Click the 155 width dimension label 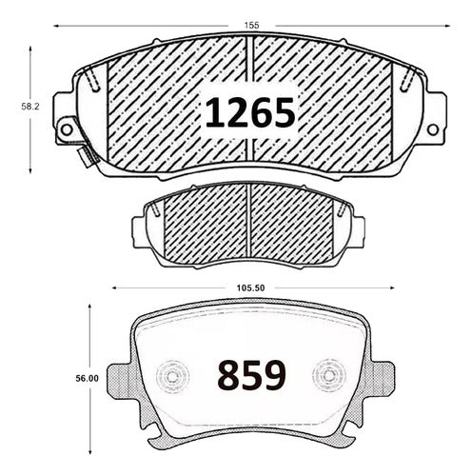coord(252,26)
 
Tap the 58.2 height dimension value coord(29,107)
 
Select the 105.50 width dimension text coord(250,288)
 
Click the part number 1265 coord(250,112)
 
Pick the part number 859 coord(251,375)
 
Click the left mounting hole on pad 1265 coord(67,129)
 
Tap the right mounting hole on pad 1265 coord(433,129)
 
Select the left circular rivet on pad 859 coord(172,376)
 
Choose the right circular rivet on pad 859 coord(328,376)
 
